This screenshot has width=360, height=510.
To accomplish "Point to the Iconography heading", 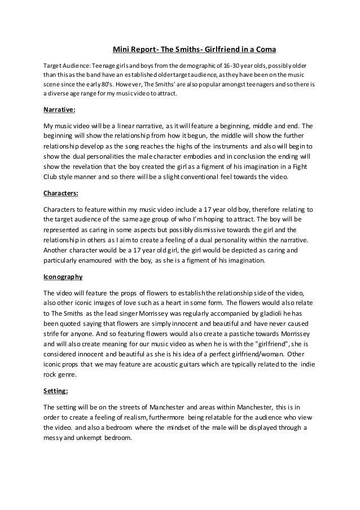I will pos(63,277).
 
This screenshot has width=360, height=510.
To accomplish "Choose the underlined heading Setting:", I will pos(55,390).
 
